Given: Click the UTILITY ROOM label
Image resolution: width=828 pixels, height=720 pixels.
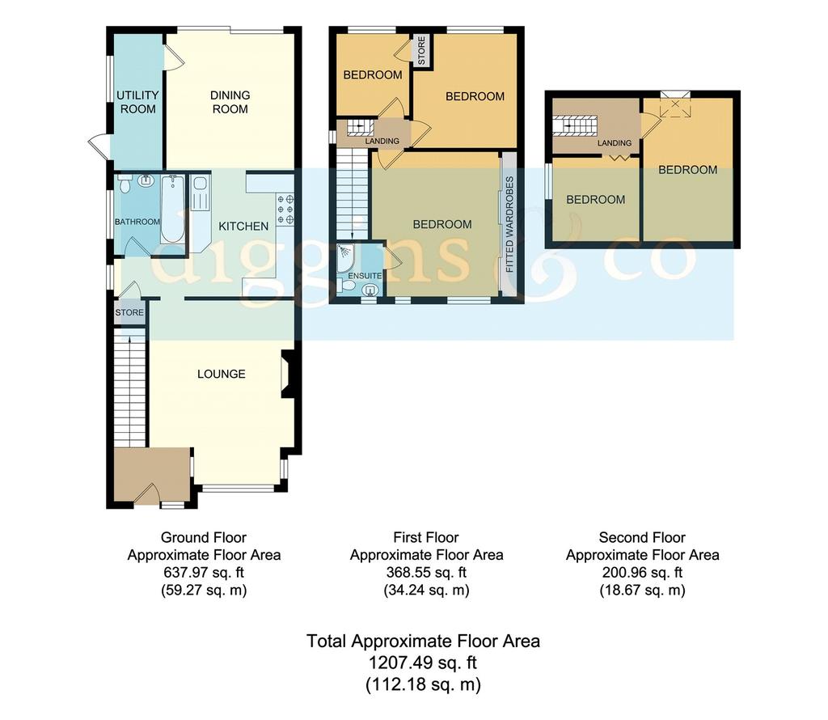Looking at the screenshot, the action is [137, 102].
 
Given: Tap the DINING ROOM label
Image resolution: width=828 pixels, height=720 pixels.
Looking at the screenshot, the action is [230, 102].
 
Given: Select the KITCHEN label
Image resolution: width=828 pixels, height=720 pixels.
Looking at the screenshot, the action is [243, 226].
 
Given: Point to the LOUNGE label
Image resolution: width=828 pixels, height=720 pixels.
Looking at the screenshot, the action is [222, 374].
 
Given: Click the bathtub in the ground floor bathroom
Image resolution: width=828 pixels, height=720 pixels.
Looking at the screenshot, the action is [173, 209].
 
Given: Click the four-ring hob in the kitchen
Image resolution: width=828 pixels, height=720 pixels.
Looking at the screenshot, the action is [285, 210].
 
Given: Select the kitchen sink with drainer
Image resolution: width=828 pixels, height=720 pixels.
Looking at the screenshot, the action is [201, 193].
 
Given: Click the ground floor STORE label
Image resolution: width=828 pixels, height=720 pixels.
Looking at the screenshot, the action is [129, 313].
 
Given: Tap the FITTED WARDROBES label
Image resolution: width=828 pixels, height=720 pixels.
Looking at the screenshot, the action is [509, 225].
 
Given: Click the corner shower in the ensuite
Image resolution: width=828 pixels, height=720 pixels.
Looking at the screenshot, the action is [344, 257].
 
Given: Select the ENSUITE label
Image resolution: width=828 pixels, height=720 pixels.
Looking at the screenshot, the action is [365, 276].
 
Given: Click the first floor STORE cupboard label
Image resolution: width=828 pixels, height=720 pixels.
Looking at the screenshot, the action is [421, 51].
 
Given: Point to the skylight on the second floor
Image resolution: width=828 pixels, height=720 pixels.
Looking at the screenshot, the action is [675, 106].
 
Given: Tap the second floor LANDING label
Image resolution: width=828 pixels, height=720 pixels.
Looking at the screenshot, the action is [615, 142].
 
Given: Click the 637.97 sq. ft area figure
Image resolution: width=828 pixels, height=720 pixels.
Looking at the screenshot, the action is [204, 572].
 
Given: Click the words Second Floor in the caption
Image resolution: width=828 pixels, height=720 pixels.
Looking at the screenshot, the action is [642, 538].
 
